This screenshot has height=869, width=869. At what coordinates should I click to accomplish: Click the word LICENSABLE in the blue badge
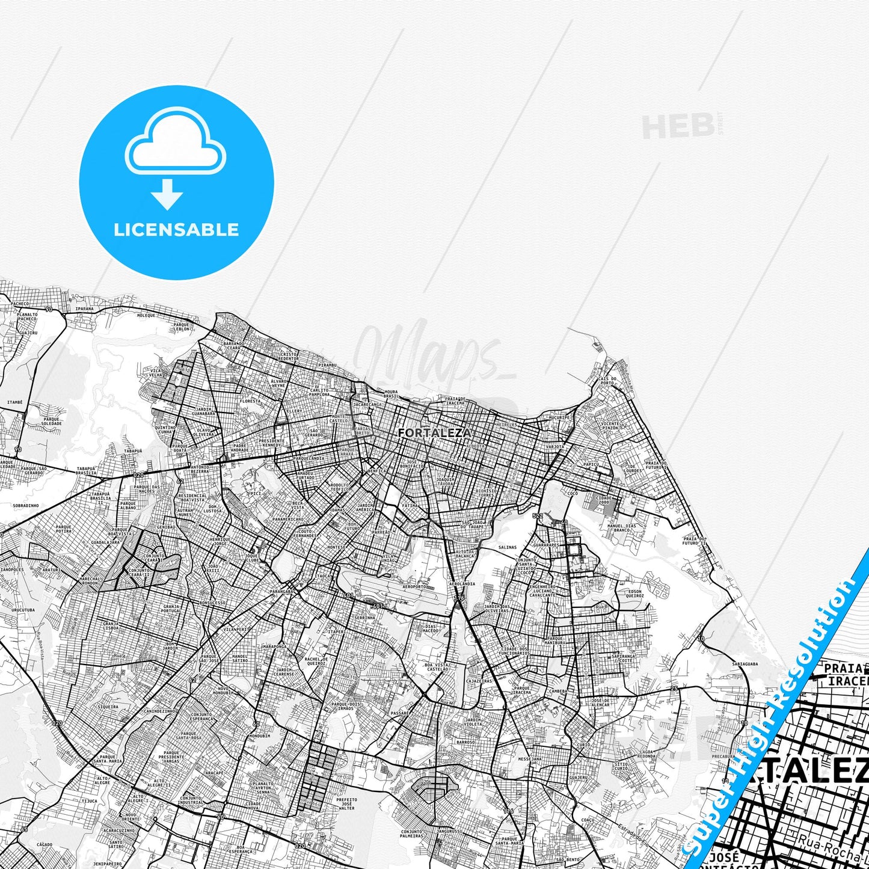point(176,230)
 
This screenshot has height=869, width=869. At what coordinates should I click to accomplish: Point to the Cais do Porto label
point(607,381)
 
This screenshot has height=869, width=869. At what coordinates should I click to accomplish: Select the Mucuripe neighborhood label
point(559,417)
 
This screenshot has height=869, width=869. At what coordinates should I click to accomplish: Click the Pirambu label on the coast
point(328,365)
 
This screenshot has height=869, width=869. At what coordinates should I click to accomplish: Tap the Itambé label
point(14,402)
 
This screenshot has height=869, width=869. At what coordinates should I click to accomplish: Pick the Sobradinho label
point(25,506)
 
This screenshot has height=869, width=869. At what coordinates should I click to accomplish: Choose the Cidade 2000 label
point(603,500)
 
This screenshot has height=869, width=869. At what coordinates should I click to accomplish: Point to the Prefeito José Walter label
point(346,803)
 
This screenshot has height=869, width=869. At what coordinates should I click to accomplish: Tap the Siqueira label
point(108,707)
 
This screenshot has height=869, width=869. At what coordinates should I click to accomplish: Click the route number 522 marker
point(538,516)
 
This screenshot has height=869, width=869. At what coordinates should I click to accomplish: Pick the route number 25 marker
point(674,688)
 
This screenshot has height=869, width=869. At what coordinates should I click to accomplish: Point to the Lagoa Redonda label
point(647,754)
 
